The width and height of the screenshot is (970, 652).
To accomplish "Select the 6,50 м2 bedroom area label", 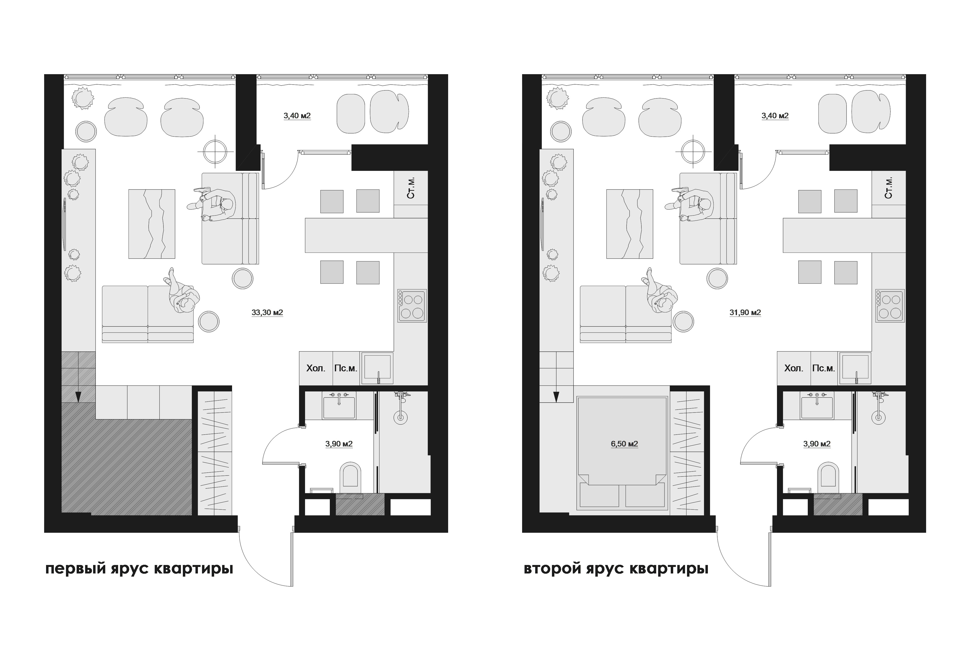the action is pyautogui.click(x=624, y=444).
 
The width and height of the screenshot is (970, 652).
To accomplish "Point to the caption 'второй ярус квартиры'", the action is pyautogui.click(x=616, y=569).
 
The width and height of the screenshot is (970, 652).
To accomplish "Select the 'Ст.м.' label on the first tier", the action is pyautogui.click(x=411, y=188).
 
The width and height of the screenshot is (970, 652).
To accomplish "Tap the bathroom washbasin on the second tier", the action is pyautogui.click(x=817, y=406).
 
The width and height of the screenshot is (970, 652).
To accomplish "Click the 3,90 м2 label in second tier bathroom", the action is pyautogui.click(x=817, y=444).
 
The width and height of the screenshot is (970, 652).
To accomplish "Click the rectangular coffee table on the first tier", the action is pyautogui.click(x=152, y=224).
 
